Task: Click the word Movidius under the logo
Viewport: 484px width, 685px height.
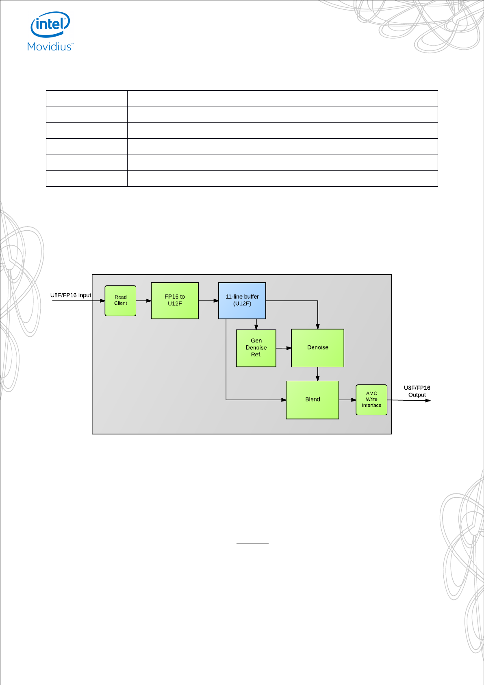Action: click(x=50, y=47)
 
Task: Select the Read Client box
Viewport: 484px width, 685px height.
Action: click(x=120, y=301)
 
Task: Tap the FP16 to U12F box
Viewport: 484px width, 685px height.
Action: click(x=175, y=301)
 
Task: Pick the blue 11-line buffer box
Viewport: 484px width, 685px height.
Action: click(x=242, y=301)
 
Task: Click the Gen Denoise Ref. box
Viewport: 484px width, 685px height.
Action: click(x=256, y=348)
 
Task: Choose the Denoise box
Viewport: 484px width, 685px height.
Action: click(x=318, y=348)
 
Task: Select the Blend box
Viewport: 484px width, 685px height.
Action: click(x=313, y=400)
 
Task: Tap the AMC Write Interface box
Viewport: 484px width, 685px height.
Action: click(x=371, y=400)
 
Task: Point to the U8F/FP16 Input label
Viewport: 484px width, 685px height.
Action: click(x=71, y=295)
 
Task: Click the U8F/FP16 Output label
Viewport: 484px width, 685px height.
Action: click(x=417, y=391)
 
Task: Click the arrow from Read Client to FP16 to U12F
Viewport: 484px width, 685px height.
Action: click(x=143, y=301)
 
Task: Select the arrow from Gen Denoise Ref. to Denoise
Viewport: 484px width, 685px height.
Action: click(x=284, y=348)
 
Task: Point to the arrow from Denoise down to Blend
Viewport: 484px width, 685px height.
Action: click(x=318, y=374)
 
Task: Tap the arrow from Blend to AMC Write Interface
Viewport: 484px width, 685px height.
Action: click(x=347, y=400)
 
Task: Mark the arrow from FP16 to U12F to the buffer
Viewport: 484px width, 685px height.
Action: click(x=208, y=301)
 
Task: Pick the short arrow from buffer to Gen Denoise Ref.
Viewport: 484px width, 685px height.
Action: click(x=256, y=324)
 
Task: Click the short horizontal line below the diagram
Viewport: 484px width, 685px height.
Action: click(x=252, y=543)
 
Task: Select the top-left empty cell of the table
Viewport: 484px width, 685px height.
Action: click(x=87, y=98)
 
